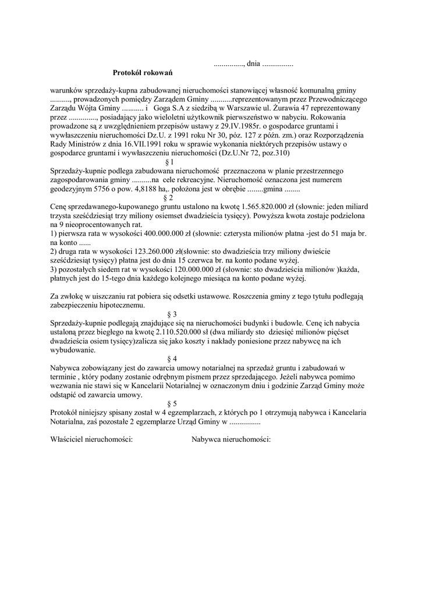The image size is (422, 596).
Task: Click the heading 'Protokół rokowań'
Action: point(143,73)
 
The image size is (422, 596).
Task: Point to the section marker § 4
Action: point(172,359)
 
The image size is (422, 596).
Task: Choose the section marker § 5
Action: point(172,403)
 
